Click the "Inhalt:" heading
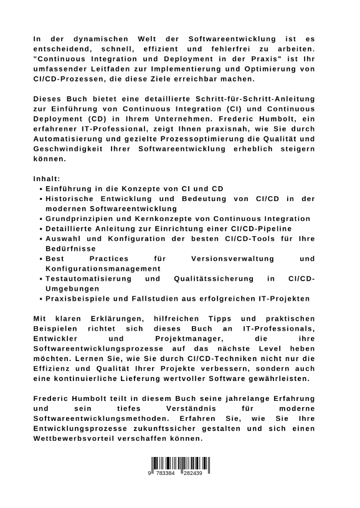point(47,179)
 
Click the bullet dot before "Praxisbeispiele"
point(40,299)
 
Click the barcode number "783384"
point(166,473)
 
